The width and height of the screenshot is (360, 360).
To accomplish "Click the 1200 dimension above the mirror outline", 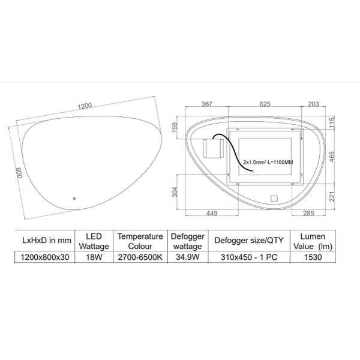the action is coord(85,106).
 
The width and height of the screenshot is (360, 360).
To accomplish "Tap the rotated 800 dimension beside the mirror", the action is coord(19,173).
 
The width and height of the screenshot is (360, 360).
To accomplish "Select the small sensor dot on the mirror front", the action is coord(74,199).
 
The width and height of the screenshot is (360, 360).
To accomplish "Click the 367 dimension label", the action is coord(207,104).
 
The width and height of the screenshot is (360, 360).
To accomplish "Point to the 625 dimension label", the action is coord(265,104).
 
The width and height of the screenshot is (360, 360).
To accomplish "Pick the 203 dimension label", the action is coord(313,104).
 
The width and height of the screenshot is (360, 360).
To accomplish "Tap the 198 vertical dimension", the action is coord(175,127).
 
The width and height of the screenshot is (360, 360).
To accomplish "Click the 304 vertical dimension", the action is coord(175,192).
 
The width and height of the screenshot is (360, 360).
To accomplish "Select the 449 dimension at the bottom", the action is coord(212,213).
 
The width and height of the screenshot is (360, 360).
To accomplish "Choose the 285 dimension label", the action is coord(308,213).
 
